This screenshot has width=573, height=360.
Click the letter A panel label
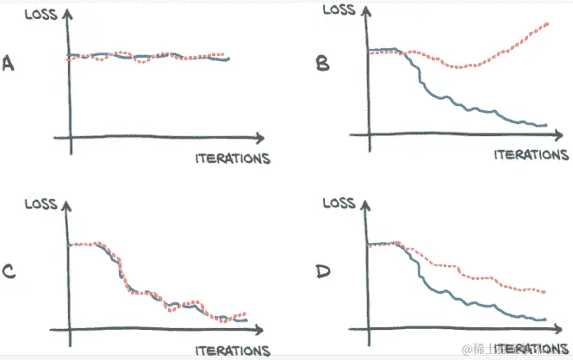(10, 64)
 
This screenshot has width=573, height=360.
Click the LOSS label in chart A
(43, 15)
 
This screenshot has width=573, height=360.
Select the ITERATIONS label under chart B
(532, 155)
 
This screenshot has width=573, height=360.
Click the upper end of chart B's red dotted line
(547, 25)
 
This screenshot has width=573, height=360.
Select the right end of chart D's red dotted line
(545, 291)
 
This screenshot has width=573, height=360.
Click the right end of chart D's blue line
(545, 320)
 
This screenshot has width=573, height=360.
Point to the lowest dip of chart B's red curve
(461, 67)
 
